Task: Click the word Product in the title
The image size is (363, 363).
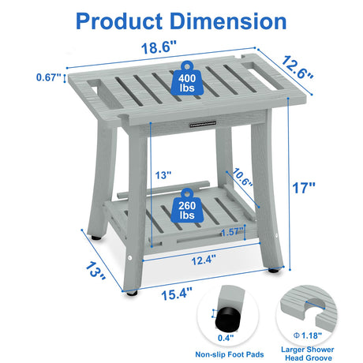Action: [x=119, y=21]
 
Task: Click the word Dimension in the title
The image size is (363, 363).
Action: [x=228, y=21]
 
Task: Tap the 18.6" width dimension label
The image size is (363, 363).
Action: [x=159, y=47]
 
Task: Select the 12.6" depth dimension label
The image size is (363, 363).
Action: [x=298, y=67]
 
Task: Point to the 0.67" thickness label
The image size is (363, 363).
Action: [x=48, y=77]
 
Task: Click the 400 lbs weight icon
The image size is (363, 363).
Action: [x=187, y=79]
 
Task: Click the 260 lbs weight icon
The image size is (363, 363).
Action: [x=187, y=206]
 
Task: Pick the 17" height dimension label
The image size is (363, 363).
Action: [x=304, y=188]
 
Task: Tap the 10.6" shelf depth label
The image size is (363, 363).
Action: [x=242, y=177]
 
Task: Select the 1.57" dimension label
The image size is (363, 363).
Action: [x=232, y=232]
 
